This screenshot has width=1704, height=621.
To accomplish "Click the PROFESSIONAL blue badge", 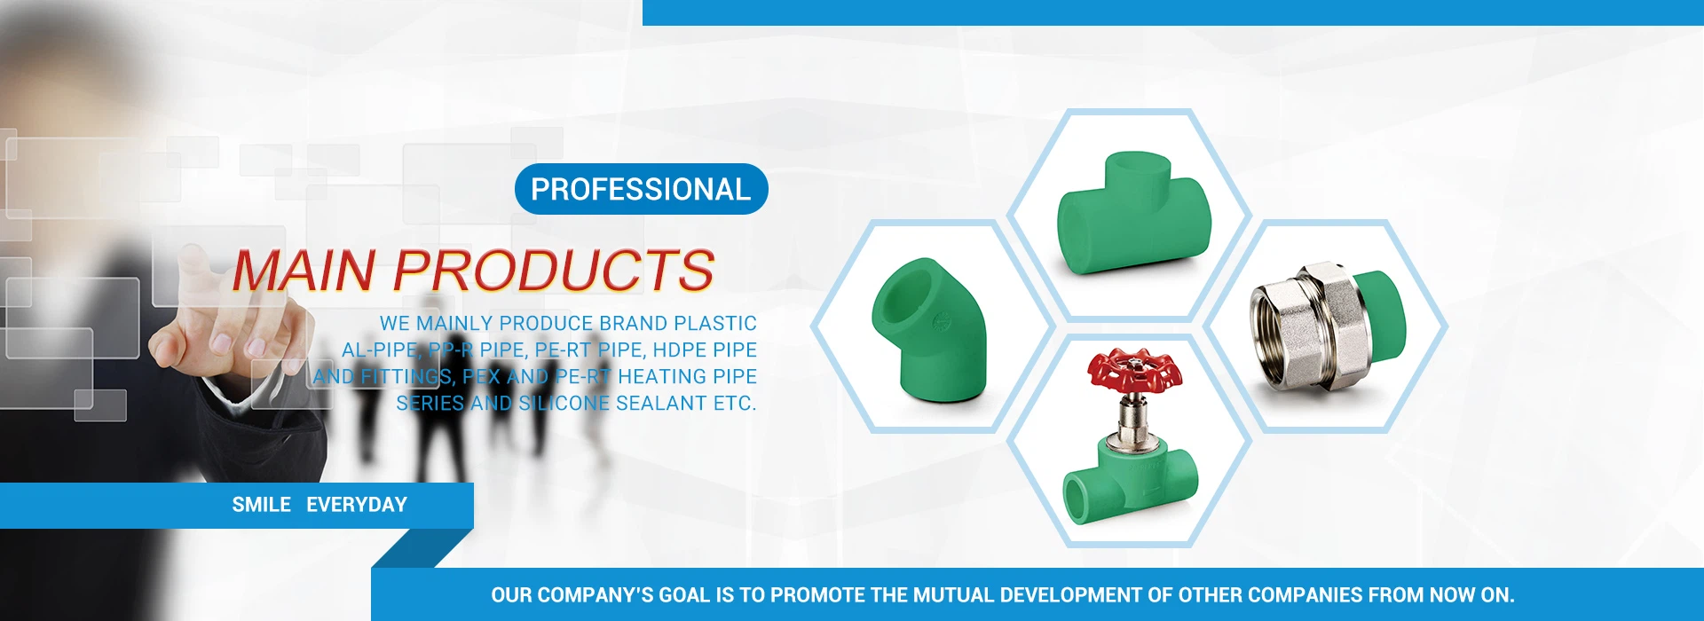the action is (x=641, y=189).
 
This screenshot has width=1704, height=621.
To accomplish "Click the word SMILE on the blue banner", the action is (x=262, y=505).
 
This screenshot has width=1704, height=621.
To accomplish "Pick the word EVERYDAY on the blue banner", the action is (x=357, y=505).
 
